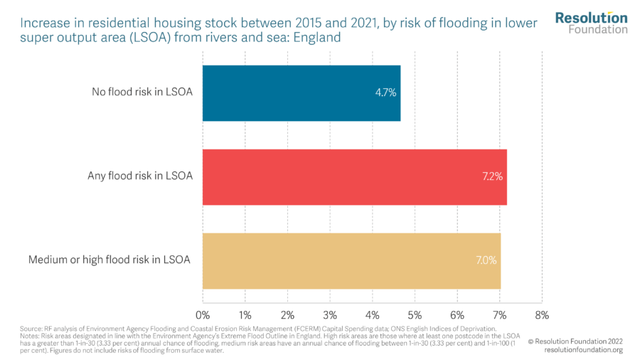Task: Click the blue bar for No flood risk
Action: (302, 92)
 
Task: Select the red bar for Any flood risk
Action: (354, 176)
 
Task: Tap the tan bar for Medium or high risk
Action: (351, 260)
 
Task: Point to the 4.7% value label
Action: (385, 92)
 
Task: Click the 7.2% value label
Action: (491, 176)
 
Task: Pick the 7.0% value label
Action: (485, 260)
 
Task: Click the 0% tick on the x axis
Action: (203, 314)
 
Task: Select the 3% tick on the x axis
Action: (330, 314)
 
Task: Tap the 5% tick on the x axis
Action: (415, 314)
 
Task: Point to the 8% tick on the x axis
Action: (542, 314)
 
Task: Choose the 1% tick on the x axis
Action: (245, 314)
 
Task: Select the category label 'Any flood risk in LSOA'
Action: (139, 176)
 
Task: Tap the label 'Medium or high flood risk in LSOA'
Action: (110, 260)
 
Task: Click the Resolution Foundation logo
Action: (591, 23)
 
